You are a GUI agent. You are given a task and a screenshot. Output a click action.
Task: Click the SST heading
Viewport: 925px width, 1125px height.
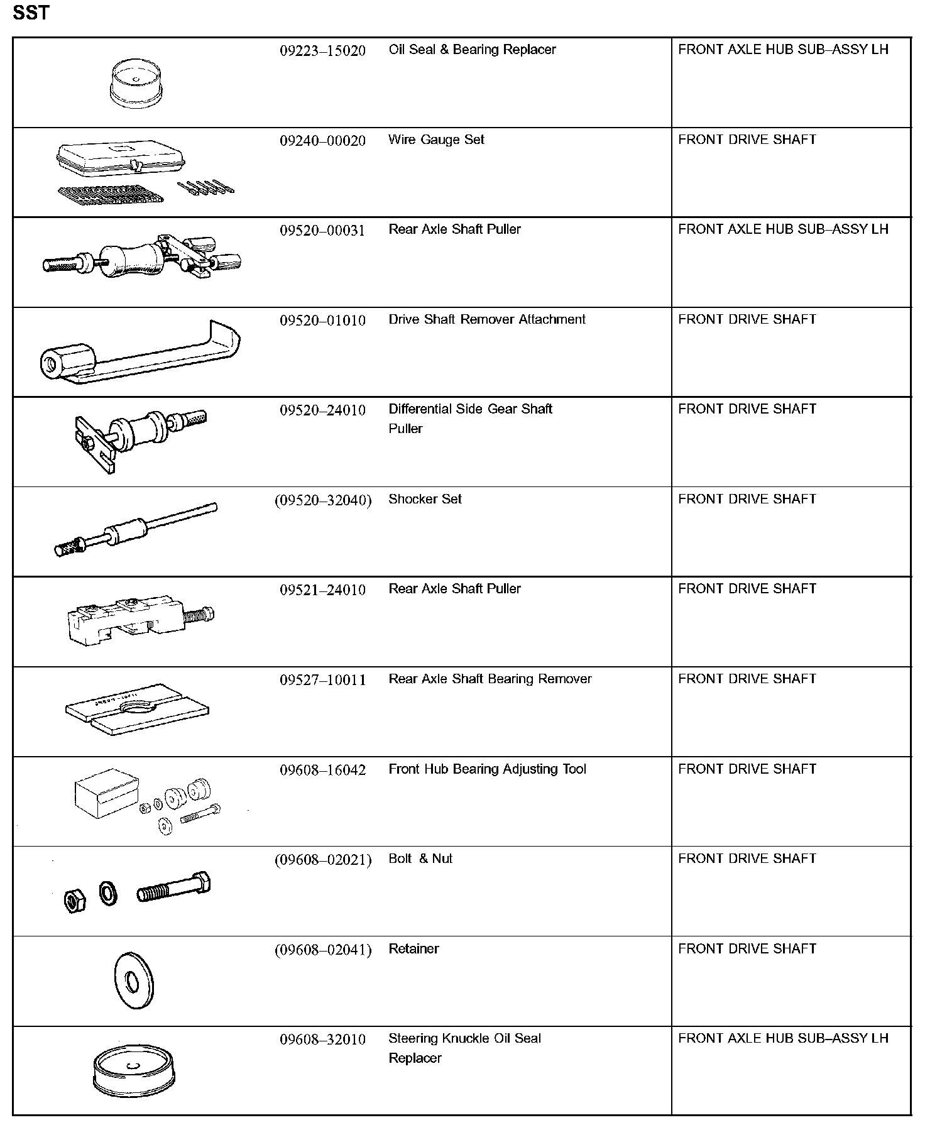pyautogui.click(x=31, y=13)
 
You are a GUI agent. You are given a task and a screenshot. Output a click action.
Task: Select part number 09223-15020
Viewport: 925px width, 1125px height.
pyautogui.click(x=322, y=51)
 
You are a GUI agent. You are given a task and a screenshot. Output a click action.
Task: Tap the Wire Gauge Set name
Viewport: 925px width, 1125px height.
pyautogui.click(x=436, y=140)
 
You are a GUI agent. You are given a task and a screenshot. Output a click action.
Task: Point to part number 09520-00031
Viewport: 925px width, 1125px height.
pyautogui.click(x=322, y=230)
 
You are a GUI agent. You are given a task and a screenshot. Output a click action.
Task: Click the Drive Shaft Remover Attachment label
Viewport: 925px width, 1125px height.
pyautogui.click(x=486, y=319)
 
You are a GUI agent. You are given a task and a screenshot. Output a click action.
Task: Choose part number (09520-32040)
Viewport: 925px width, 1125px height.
pyautogui.click(x=323, y=500)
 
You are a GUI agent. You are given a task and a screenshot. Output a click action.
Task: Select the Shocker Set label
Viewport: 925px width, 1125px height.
pyautogui.click(x=425, y=499)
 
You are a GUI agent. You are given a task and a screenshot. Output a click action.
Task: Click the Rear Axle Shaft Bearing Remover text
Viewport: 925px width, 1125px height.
pyautogui.click(x=490, y=679)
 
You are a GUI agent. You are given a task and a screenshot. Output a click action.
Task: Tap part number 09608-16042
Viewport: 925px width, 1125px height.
pyautogui.click(x=322, y=770)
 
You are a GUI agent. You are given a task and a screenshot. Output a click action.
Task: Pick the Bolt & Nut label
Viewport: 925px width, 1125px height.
pyautogui.click(x=420, y=859)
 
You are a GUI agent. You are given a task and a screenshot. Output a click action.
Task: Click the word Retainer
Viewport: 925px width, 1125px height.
pyautogui.click(x=413, y=948)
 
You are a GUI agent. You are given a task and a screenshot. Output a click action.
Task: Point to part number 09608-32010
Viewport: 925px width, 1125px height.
pyautogui.click(x=322, y=1040)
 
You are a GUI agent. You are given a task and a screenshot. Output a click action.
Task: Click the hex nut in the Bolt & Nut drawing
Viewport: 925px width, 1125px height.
pyautogui.click(x=75, y=901)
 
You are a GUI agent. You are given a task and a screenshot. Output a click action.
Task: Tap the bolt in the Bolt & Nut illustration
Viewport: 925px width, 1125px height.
pyautogui.click(x=173, y=888)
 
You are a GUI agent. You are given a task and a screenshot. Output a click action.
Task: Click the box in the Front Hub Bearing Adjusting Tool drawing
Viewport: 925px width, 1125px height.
pyautogui.click(x=104, y=793)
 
